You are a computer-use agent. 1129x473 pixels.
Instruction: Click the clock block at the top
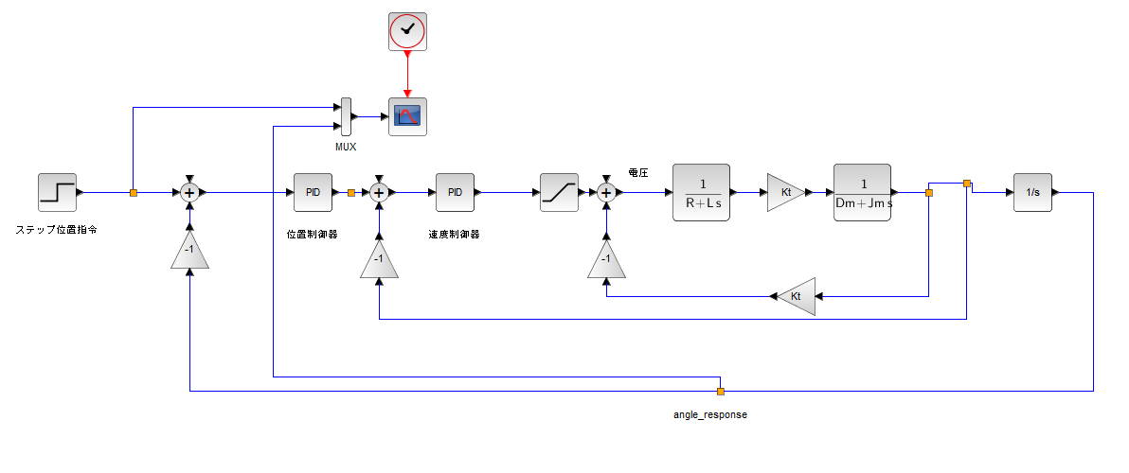coord(407,31)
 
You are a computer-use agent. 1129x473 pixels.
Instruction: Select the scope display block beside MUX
coord(407,116)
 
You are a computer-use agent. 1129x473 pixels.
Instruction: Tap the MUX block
coord(346,116)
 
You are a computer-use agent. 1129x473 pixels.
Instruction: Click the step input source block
coord(57,192)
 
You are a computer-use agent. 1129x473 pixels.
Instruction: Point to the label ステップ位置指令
coord(56,230)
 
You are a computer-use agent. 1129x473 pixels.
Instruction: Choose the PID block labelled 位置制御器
coord(313,192)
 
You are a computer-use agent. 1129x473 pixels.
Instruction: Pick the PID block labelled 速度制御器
coord(455,192)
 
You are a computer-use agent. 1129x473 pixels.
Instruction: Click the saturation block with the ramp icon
coord(559,192)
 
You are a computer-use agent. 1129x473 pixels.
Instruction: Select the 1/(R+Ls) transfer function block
coord(701,192)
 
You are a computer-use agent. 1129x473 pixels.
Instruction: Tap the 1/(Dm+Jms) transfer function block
coord(862,192)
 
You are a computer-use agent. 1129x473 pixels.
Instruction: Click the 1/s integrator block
coord(1032,192)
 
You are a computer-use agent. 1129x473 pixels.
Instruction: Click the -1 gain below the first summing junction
coord(189,251)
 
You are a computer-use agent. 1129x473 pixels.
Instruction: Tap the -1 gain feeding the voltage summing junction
coord(606,259)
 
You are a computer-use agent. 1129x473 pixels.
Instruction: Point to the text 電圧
coord(638,172)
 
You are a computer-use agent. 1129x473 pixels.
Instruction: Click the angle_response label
coord(710,414)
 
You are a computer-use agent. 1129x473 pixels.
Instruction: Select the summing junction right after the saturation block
coord(606,192)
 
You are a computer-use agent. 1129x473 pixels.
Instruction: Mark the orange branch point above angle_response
coord(720,391)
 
